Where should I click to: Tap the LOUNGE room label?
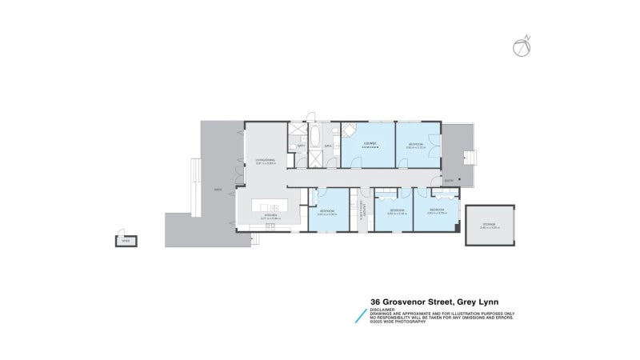pos(370,144)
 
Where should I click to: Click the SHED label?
pos(125,239)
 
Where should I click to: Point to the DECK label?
pos(217,190)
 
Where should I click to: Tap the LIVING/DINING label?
pos(265,161)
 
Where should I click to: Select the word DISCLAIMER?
pos(383,310)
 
